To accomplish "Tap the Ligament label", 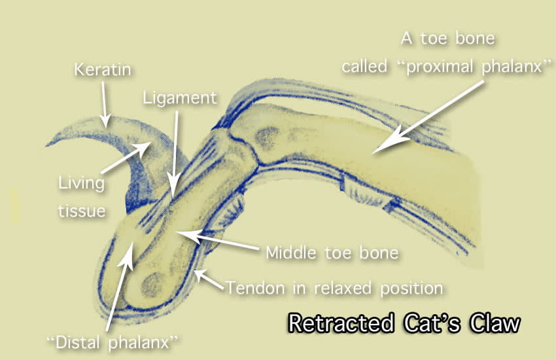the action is tap(179, 98).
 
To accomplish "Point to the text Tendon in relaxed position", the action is tap(334, 287).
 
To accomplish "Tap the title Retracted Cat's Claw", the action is tap(404, 323).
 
